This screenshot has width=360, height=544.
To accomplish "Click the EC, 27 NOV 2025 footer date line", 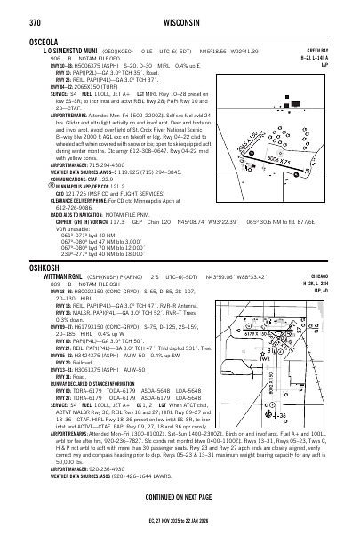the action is (x=181, y=534).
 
